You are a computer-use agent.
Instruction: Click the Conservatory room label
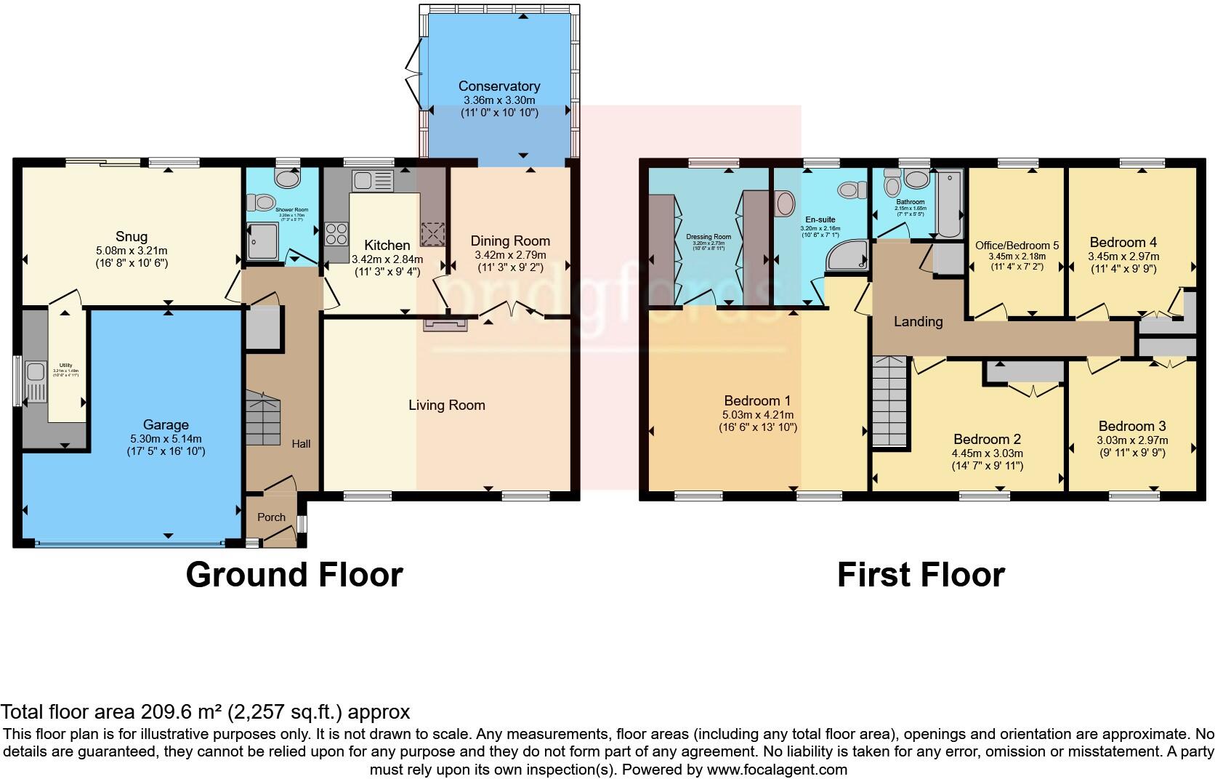tap(498, 86)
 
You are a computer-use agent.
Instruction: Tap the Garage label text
tap(166, 425)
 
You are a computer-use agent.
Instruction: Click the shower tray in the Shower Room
tap(262, 241)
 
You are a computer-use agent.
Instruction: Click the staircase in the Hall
tap(263, 419)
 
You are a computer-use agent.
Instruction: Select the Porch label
tap(272, 517)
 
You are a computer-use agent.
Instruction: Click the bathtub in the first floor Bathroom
tap(948, 204)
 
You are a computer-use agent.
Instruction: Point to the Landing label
tap(918, 321)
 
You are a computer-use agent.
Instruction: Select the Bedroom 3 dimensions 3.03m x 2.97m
tap(1132, 440)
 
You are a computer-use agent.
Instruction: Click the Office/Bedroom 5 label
tap(1017, 246)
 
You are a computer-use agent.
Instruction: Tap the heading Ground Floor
tap(294, 575)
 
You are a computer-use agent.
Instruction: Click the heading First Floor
tap(921, 575)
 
